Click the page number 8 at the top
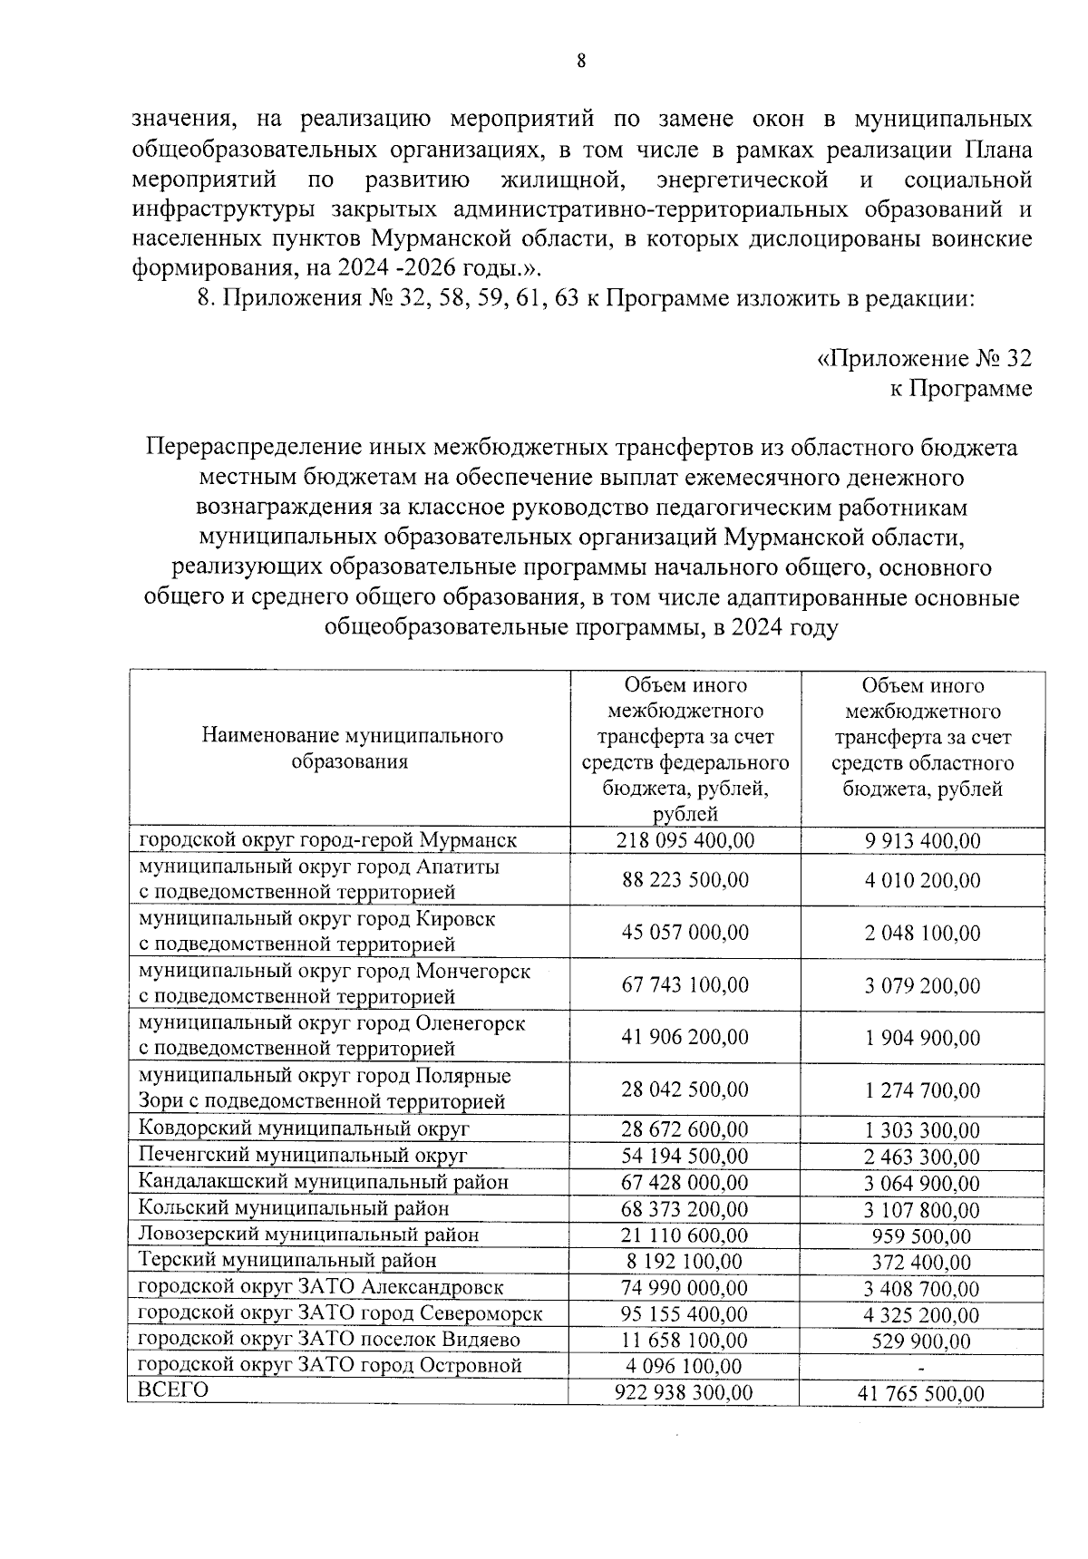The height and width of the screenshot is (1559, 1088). (581, 61)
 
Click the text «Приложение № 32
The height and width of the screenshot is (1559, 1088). (924, 359)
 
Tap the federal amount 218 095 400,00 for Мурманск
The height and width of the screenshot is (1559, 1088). (685, 840)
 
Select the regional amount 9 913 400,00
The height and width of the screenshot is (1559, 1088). (922, 841)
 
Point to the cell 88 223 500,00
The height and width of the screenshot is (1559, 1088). (685, 880)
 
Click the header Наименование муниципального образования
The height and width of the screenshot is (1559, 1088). (352, 749)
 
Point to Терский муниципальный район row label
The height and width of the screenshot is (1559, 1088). (287, 1261)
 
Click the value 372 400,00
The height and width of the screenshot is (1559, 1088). (921, 1263)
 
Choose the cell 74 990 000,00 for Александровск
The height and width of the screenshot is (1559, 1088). (685, 1288)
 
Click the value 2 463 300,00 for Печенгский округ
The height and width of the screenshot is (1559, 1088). (921, 1157)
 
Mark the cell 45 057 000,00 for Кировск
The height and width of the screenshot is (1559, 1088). (685, 933)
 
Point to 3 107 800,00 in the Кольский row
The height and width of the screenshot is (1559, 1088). (921, 1210)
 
